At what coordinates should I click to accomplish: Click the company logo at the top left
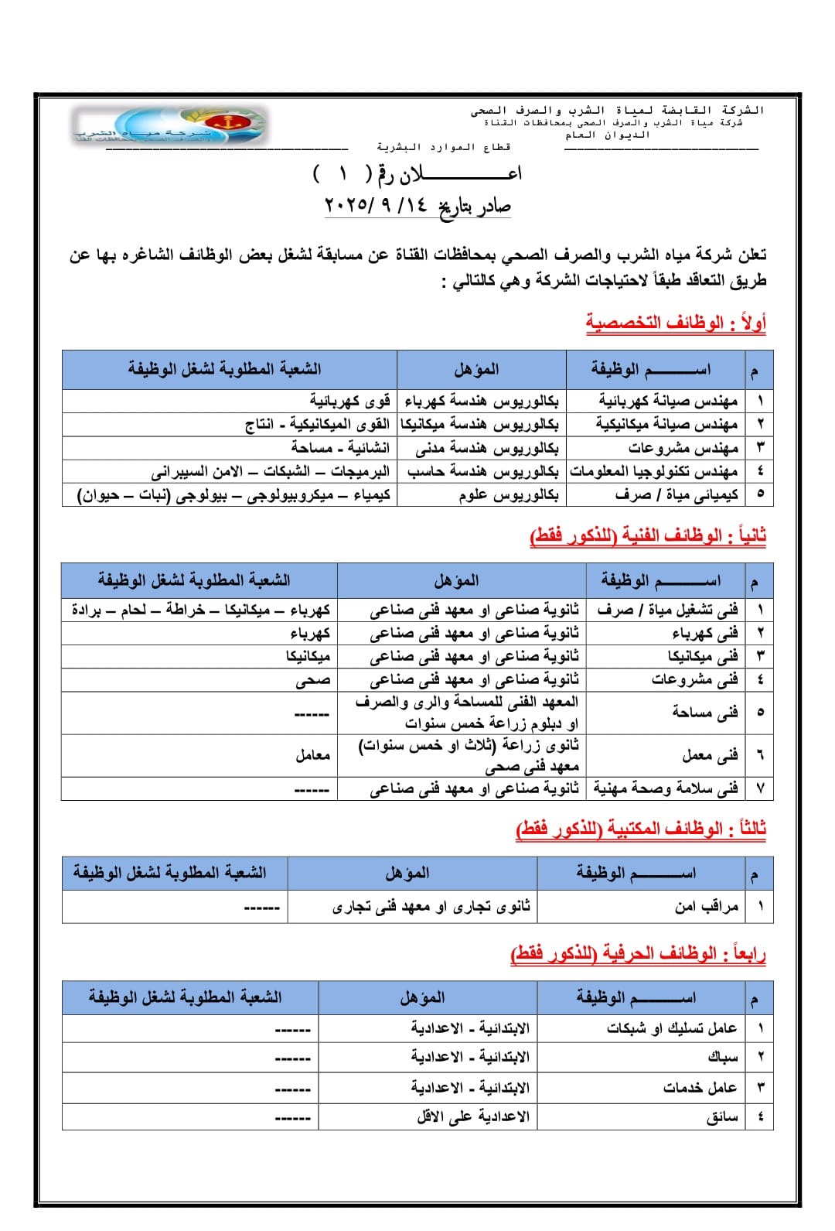(170, 125)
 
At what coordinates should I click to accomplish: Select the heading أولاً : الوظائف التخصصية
(675, 323)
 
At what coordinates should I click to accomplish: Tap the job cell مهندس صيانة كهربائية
(668, 401)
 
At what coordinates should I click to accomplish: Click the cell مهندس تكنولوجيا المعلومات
(654, 471)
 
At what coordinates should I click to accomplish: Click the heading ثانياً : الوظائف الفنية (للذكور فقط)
(648, 535)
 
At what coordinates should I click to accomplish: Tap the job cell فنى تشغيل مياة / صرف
(667, 610)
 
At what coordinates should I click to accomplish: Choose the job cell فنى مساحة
(704, 713)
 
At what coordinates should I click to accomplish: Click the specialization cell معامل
(312, 755)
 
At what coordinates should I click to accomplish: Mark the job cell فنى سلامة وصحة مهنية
(666, 788)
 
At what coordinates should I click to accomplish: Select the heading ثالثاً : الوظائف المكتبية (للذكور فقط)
(641, 829)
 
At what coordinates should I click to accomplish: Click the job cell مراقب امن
(707, 906)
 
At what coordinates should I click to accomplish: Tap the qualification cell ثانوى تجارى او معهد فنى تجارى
(431, 906)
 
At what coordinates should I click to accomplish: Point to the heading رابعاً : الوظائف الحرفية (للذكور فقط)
(638, 953)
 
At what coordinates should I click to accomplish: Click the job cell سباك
(723, 1057)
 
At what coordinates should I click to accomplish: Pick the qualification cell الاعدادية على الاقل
(473, 1116)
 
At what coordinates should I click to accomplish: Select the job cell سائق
(722, 1116)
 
